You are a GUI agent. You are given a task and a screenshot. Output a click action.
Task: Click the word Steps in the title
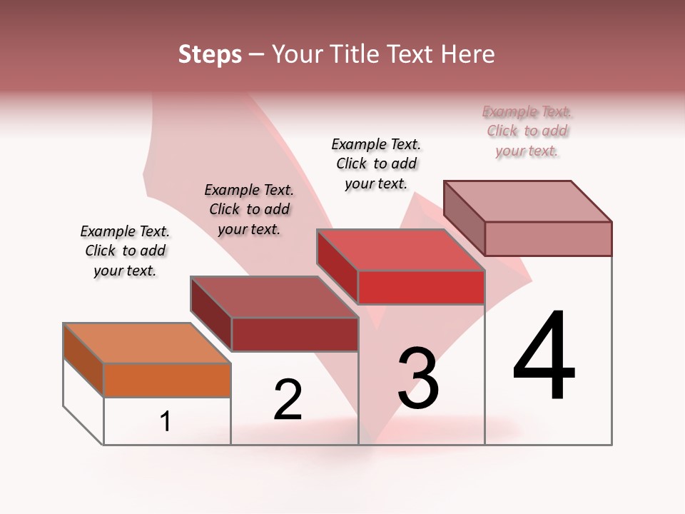pyautogui.click(x=210, y=54)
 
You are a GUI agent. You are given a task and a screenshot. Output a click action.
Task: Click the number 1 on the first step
pyautogui.click(x=166, y=422)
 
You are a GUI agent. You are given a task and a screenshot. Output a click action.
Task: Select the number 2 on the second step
pyautogui.click(x=288, y=400)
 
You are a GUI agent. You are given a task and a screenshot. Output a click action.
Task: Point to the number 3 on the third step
pyautogui.click(x=418, y=378)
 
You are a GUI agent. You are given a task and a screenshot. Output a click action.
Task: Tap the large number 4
pyautogui.click(x=544, y=356)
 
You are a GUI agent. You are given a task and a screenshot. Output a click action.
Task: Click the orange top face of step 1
pyautogui.click(x=147, y=343)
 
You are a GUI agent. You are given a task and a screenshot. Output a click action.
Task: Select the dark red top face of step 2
pyautogui.click(x=274, y=297)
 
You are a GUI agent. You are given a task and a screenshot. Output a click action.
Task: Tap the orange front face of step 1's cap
pyautogui.click(x=167, y=380)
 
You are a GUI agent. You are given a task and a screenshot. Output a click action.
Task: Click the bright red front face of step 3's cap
pyautogui.click(x=421, y=288)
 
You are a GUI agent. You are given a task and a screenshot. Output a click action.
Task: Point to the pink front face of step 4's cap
pyautogui.click(x=548, y=238)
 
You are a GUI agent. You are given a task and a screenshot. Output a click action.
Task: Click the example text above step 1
pyautogui.click(x=125, y=251)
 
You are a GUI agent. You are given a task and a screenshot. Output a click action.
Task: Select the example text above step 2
pyautogui.click(x=249, y=209)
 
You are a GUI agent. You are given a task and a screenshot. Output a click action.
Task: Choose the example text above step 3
pyautogui.click(x=376, y=163)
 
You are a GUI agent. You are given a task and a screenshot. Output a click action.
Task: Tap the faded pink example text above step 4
pyautogui.click(x=527, y=131)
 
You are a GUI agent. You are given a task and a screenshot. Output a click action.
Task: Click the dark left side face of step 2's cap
pyautogui.click(x=211, y=314)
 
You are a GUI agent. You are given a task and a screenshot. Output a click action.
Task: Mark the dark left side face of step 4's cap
pyautogui.click(x=465, y=218)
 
